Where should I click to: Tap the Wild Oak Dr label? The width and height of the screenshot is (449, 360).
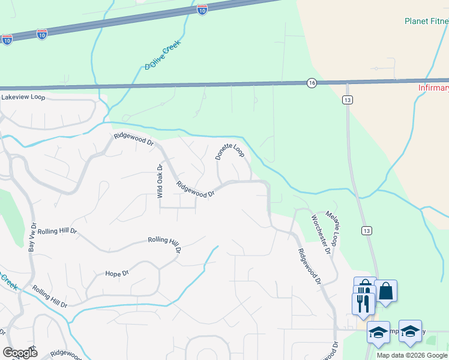pos(160,181)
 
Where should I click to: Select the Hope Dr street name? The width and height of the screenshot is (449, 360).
pos(117,274)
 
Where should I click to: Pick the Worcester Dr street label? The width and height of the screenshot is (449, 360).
pos(321,234)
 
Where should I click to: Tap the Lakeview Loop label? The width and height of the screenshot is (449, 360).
pos(23,97)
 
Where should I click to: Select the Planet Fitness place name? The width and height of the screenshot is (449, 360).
pos(426,21)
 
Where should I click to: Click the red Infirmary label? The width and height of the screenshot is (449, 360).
pos(433,88)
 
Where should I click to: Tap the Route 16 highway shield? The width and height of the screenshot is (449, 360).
pos(310,83)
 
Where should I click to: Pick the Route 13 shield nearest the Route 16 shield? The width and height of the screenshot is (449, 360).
pos(348,100)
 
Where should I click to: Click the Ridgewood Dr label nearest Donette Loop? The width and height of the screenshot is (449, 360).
pos(196,190)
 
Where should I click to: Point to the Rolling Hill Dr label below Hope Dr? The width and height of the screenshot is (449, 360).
pos(50,296)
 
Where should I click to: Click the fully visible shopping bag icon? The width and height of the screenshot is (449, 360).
pos(386,292)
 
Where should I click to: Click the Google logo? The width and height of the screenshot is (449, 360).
pos(20,353)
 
